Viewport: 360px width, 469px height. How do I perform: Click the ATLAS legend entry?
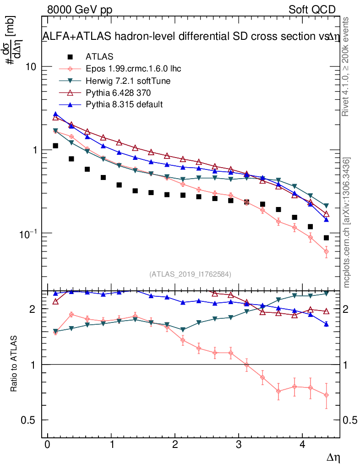coord(99,57)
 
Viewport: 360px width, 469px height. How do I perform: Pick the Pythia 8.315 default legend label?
coord(124,105)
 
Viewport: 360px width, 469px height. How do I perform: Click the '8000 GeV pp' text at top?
coord(80,10)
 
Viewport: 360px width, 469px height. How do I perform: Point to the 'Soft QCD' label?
coord(312,10)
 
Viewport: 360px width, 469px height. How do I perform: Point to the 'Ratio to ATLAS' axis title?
coord(14,364)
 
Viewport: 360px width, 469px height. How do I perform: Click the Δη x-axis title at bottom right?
coord(333,457)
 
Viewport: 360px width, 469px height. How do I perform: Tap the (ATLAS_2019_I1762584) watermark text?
coord(190,274)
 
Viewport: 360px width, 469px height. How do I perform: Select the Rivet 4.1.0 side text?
coord(347,66)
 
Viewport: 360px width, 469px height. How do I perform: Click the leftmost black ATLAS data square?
coord(55,146)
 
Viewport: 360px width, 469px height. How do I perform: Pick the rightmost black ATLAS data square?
coord(326,238)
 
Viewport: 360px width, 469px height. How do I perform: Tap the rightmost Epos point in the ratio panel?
coord(326,395)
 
